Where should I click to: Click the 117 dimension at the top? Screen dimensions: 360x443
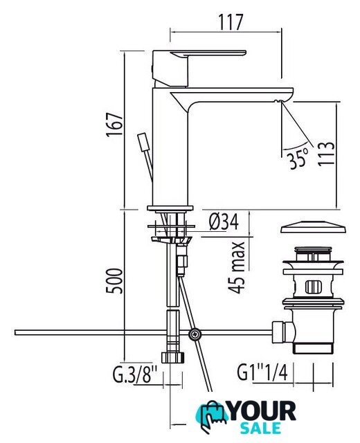231,22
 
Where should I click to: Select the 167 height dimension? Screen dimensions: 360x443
115,125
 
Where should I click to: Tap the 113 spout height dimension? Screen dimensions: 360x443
326,154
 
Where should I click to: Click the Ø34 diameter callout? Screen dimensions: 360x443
224,221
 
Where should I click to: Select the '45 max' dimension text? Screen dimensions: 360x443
236,268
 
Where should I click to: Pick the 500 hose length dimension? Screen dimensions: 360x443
114,281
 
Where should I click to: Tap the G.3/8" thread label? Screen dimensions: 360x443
134,374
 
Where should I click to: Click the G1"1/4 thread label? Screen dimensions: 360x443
262,372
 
